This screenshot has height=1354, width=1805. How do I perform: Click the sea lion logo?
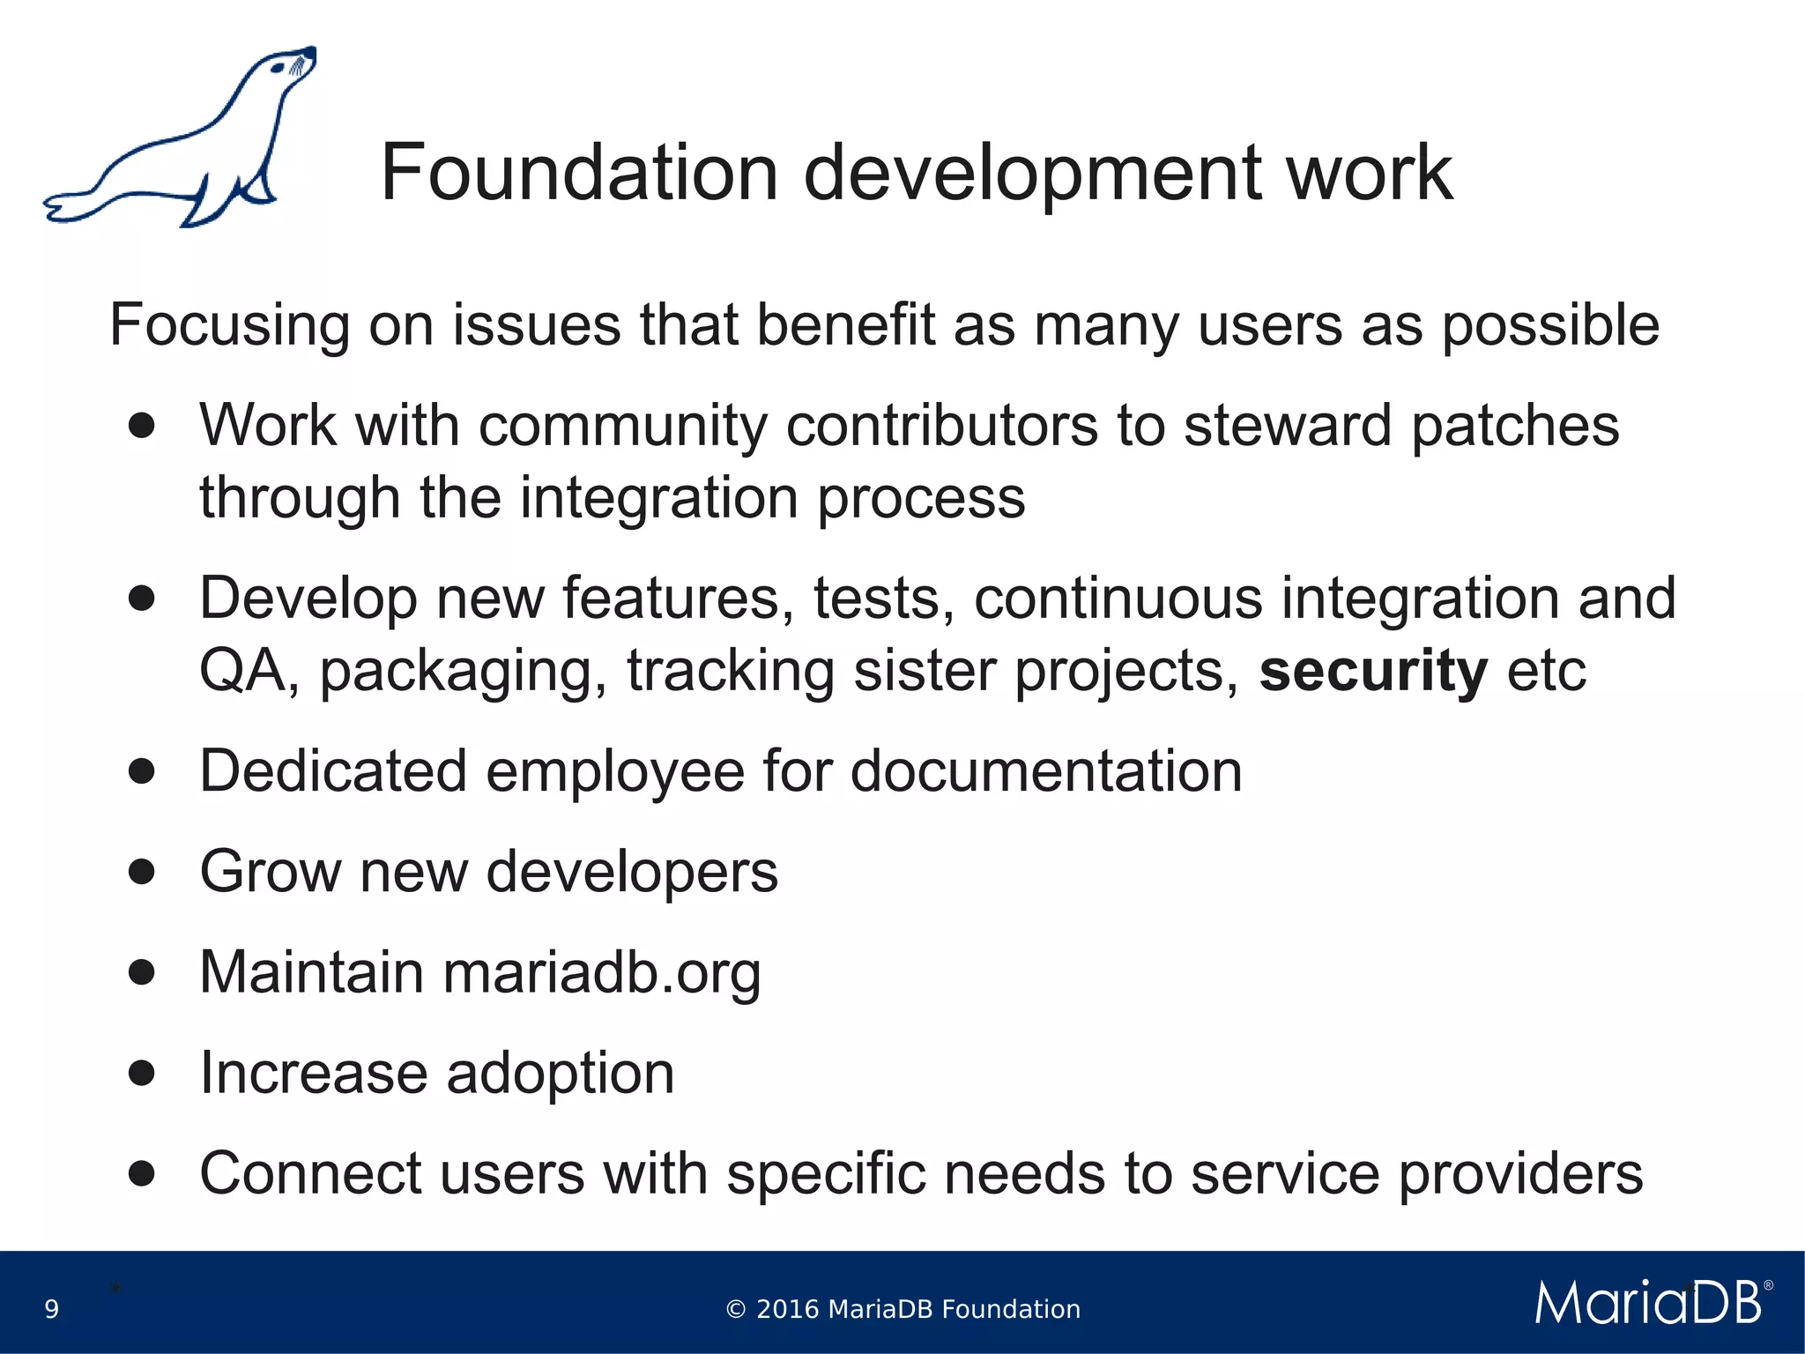[x=181, y=141]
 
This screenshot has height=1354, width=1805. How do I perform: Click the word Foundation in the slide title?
[x=579, y=173]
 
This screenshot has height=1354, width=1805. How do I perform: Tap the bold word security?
[x=1373, y=671]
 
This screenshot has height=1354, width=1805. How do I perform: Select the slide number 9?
[x=52, y=1309]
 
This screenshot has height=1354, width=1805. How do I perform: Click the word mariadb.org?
[x=601, y=972]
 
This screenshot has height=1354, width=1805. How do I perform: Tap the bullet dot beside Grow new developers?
[x=142, y=872]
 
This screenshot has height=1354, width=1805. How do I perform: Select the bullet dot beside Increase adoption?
[x=142, y=1073]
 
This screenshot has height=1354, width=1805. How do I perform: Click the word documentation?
[x=1046, y=771]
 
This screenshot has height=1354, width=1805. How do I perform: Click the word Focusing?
[x=229, y=325]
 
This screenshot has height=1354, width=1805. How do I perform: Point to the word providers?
[x=1520, y=1174]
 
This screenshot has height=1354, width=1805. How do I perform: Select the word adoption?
[x=560, y=1074]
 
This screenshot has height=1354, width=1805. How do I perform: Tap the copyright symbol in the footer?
[x=736, y=1310]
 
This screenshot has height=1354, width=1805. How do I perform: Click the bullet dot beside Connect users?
[x=142, y=1173]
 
